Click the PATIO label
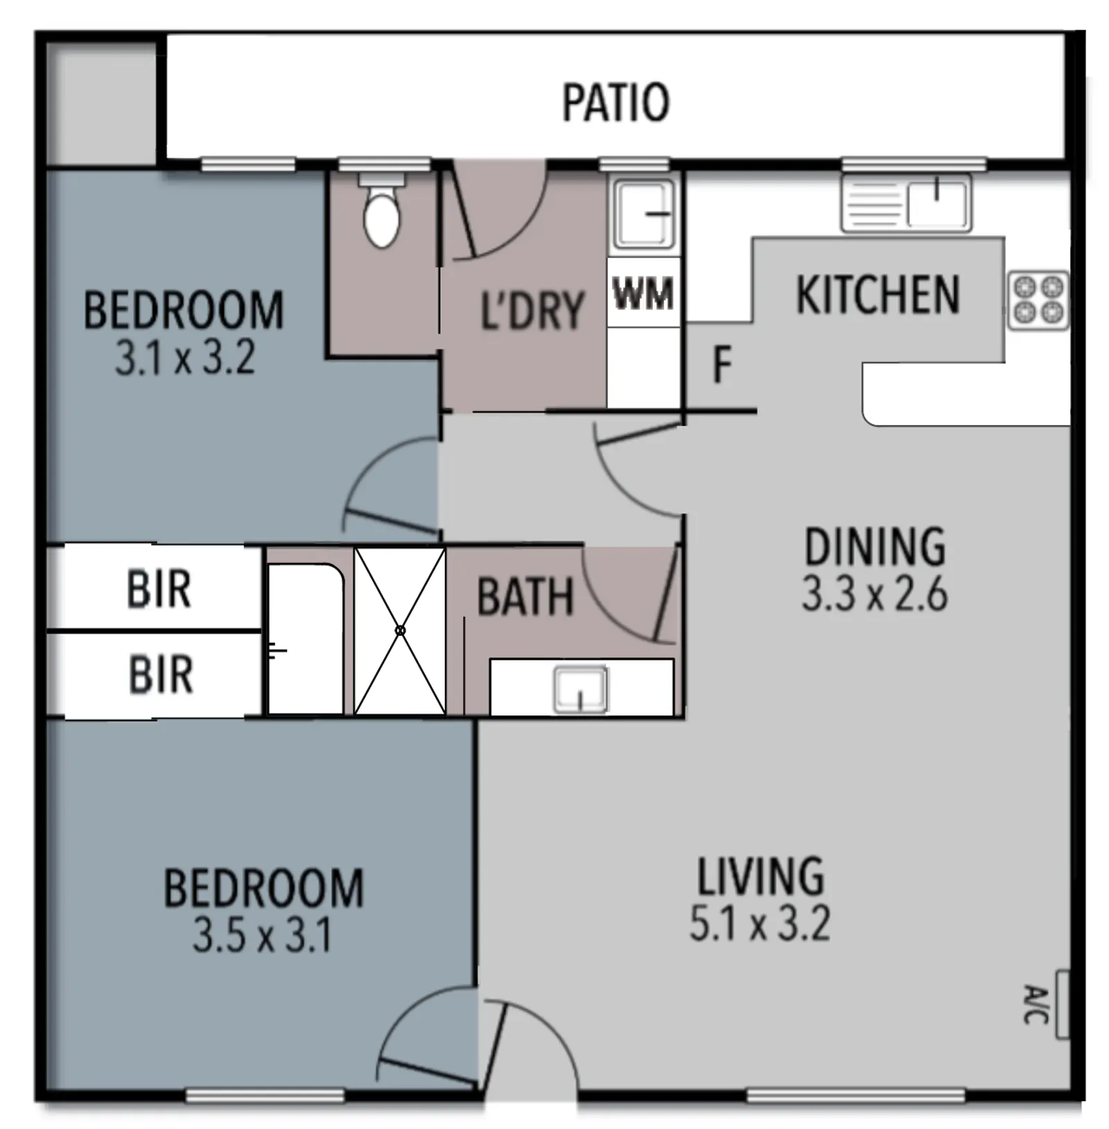(615, 103)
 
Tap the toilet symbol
(381, 212)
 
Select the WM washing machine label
(643, 294)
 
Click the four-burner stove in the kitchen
(1038, 300)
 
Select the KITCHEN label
(878, 295)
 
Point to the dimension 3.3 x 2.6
(875, 595)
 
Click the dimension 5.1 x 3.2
(760, 924)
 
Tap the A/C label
(1036, 1003)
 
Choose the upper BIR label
(159, 589)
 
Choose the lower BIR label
(161, 674)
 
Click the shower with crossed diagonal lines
(400, 630)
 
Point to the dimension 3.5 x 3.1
(263, 936)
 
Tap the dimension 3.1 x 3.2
(184, 359)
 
